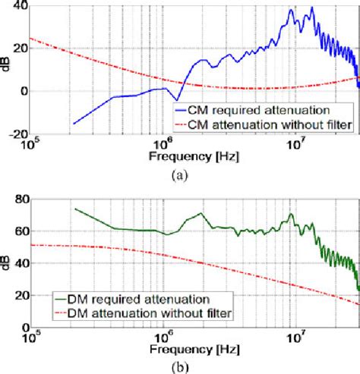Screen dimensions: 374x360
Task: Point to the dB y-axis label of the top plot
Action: pyautogui.click(x=7, y=69)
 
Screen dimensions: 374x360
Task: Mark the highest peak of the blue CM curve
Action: pyautogui.click(x=312, y=8)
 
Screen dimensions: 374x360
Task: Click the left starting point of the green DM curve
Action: pyautogui.click(x=74, y=208)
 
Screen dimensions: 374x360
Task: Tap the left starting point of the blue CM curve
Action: pyautogui.click(x=73, y=124)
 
